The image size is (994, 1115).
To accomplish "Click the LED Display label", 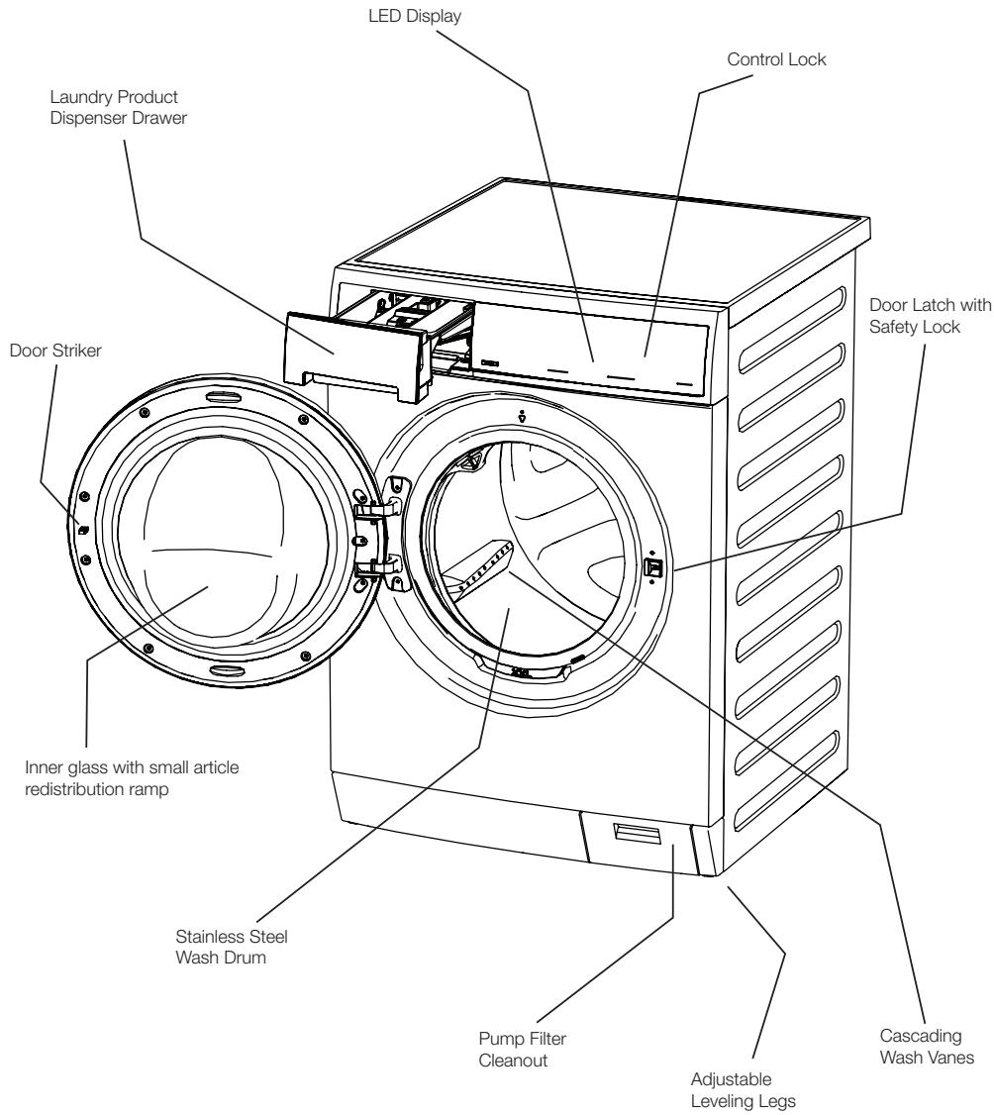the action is click(x=415, y=16).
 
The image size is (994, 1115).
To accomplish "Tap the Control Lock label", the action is click(x=776, y=59).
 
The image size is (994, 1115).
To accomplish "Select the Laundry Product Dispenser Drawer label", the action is click(x=118, y=107).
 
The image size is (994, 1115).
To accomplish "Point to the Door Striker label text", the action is click(x=55, y=351).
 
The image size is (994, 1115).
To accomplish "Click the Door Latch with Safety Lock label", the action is click(x=930, y=316).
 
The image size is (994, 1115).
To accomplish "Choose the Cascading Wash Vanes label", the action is click(x=927, y=1046).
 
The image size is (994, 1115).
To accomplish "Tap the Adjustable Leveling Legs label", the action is click(x=743, y=1090).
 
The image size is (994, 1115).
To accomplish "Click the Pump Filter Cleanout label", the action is click(x=522, y=1050).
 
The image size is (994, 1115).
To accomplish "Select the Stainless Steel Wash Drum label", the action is click(x=231, y=947).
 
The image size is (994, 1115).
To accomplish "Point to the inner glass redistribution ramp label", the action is click(x=132, y=778).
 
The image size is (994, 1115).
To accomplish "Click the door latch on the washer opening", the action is click(x=652, y=567).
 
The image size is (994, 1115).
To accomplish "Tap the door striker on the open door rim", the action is click(x=82, y=529).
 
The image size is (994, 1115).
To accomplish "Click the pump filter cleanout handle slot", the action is click(x=637, y=833).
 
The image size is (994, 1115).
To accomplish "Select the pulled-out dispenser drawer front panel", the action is click(x=356, y=352).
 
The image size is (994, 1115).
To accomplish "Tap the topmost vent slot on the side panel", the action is click(x=792, y=329).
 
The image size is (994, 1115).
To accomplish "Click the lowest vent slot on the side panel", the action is click(x=788, y=782).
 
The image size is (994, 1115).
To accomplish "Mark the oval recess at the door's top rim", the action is click(x=218, y=395).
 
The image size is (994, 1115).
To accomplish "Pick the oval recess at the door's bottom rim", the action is click(x=227, y=671).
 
